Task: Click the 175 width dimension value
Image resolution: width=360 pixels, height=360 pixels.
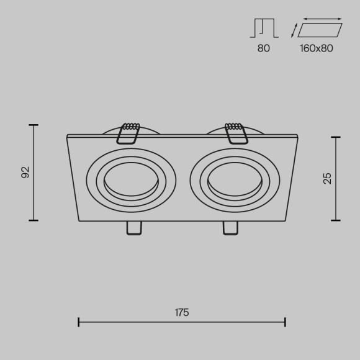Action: tap(181, 313)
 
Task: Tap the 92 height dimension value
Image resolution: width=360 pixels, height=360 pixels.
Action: tap(25, 173)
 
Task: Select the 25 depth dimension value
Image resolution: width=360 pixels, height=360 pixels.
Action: tap(328, 178)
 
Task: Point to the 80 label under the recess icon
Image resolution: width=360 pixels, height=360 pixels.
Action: tap(264, 48)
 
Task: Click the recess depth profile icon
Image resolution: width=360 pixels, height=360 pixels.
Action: tap(264, 29)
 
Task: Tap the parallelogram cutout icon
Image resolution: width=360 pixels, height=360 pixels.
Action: tap(320, 30)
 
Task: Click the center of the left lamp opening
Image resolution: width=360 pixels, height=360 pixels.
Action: tap(131, 180)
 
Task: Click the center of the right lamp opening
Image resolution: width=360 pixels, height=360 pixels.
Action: tap(235, 180)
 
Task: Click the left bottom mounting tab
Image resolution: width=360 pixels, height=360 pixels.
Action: tap(133, 228)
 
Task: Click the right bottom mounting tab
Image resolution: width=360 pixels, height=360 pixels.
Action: tap(230, 228)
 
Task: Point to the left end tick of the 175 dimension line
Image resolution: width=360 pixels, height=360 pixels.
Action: tap(79, 322)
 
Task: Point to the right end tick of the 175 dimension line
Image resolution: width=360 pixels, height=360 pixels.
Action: tap(285, 322)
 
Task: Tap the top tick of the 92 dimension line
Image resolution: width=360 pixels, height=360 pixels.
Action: tap(34, 125)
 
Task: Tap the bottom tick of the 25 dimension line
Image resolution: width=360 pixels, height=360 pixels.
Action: tap(336, 220)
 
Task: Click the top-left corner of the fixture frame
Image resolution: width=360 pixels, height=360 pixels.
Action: tap(67, 136)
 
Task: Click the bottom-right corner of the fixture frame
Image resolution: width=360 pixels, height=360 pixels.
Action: tap(286, 220)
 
